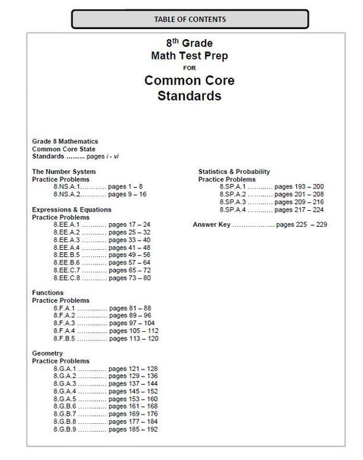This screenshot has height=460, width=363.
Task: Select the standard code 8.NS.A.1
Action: coord(68,186)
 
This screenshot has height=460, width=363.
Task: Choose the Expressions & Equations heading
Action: coord(71,209)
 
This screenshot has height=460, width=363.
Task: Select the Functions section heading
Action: coord(48,292)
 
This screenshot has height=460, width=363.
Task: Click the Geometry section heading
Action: coord(48,353)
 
